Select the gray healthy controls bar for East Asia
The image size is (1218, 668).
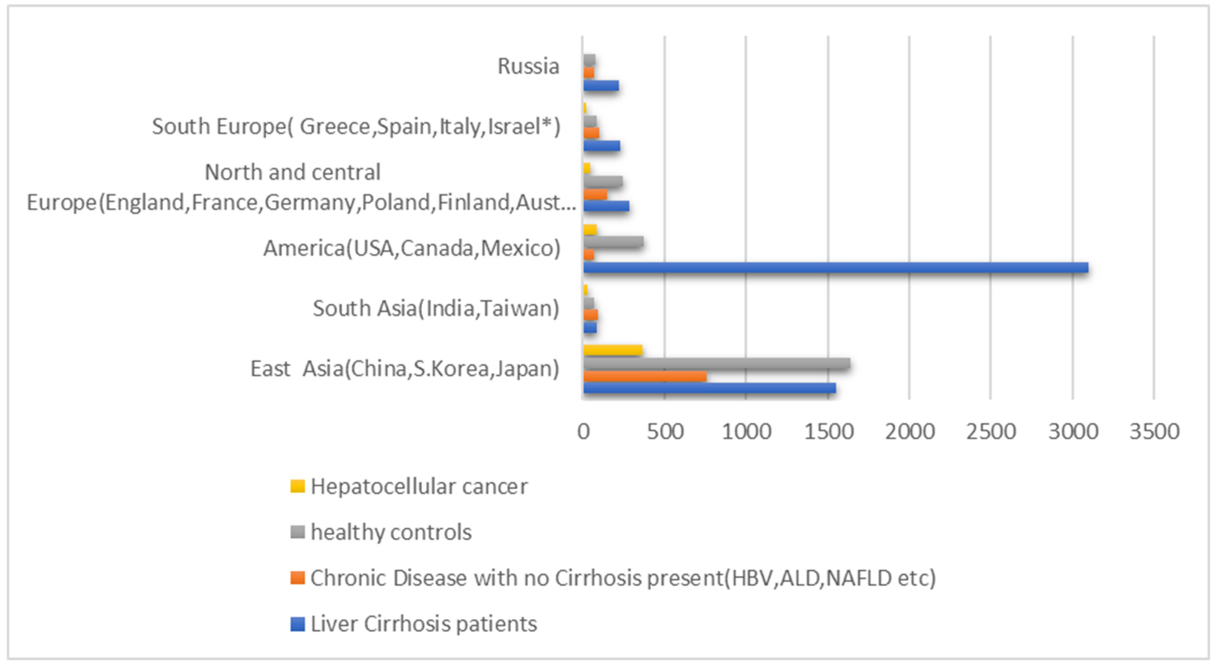[x=717, y=363]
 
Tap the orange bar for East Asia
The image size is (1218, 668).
[x=645, y=376]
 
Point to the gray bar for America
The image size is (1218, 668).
[x=613, y=242]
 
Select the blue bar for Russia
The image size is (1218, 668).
[x=601, y=86]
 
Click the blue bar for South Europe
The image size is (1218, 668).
[x=601, y=146]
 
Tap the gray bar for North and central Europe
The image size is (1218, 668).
[x=603, y=181]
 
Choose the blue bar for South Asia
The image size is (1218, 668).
[x=590, y=327]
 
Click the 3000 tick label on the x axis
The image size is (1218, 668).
[x=1073, y=431]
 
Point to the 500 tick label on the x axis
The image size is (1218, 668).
[x=665, y=431]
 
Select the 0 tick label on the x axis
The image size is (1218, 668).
[x=583, y=431]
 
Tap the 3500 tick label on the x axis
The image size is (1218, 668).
[x=1154, y=431]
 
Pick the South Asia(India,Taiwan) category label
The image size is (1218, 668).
[x=436, y=308]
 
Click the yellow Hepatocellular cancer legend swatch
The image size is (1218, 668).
[x=298, y=486]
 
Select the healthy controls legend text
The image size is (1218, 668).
[x=391, y=532]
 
